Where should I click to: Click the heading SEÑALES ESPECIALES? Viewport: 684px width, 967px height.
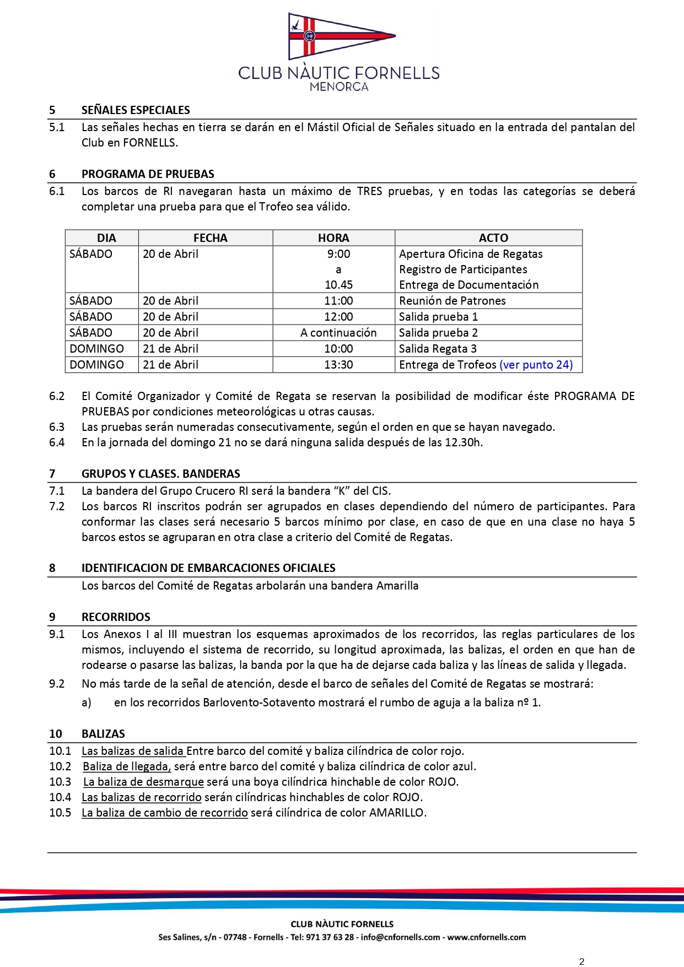[136, 110]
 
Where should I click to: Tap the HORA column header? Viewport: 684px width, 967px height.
[333, 238]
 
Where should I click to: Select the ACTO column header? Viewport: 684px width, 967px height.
[493, 238]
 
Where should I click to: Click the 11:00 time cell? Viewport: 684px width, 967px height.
[338, 301]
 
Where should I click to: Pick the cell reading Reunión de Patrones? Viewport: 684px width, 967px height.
[452, 301]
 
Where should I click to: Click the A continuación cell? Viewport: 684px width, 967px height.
[338, 333]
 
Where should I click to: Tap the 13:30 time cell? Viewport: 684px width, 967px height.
[338, 365]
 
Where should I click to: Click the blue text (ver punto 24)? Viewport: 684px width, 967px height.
[536, 365]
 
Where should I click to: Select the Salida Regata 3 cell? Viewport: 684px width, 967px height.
[438, 349]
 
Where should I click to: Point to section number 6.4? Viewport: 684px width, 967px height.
[57, 442]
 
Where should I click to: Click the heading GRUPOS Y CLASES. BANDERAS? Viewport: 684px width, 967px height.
[160, 474]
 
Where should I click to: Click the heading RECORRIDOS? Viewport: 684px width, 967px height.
[116, 617]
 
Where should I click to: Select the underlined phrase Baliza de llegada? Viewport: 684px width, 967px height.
[127, 766]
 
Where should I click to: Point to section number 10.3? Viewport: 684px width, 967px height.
[60, 782]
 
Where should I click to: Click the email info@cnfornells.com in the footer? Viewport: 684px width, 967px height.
[400, 937]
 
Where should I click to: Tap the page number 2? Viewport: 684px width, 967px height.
[581, 961]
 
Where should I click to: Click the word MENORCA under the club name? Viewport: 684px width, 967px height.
[339, 87]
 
